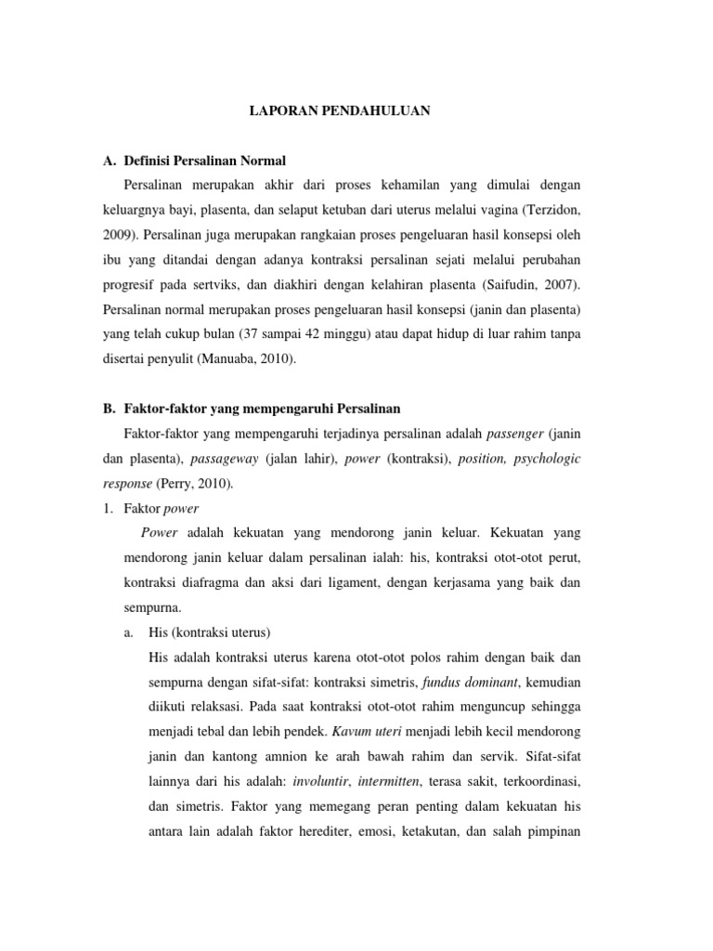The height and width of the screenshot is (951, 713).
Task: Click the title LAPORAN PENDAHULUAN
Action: pyautogui.click(x=341, y=111)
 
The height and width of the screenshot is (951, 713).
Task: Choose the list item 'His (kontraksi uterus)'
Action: pyautogui.click(x=209, y=632)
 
